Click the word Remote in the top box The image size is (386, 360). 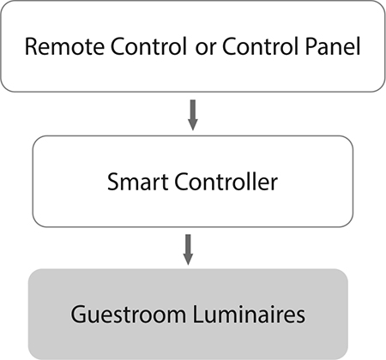tap(64, 46)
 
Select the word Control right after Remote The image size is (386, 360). tap(148, 46)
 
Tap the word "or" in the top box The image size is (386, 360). tap(206, 49)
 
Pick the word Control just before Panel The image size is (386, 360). tap(260, 46)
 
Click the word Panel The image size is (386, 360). tap(333, 46)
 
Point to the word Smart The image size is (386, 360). tap(137, 182)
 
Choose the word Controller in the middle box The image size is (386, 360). tap(226, 182)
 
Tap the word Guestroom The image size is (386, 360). tap(129, 315)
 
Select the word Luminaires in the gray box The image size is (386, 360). tap(249, 315)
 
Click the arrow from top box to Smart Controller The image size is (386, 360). tap(193, 115)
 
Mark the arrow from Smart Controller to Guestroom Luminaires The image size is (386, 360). tap(188, 249)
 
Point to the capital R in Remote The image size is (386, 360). tap(32, 46)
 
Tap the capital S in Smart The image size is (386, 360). tap(113, 182)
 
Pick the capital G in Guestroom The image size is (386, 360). tap(79, 315)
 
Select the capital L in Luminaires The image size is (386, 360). tap(199, 315)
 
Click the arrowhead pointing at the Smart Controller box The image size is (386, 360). tap(193, 125)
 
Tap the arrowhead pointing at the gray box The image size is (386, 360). tap(188, 260)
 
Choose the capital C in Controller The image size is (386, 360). tap(182, 182)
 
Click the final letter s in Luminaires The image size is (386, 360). tap(300, 317)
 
